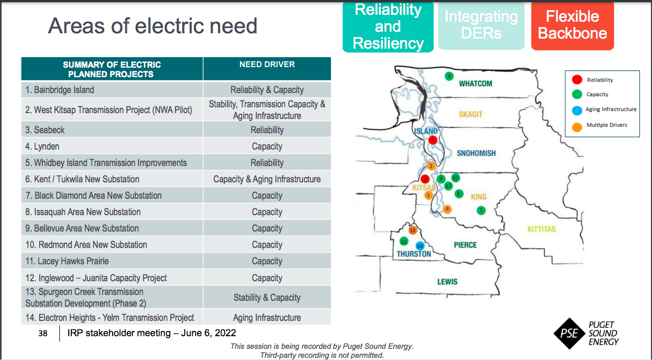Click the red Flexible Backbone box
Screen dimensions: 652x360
pyautogui.click(x=572, y=25)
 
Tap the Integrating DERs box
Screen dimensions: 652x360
pyautogui.click(x=481, y=25)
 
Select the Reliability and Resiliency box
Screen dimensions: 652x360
pyautogui.click(x=388, y=27)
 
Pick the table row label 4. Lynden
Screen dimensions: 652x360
pyautogui.click(x=42, y=146)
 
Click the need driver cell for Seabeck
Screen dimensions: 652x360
pyautogui.click(x=267, y=130)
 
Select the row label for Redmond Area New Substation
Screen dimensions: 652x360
pyautogui.click(x=86, y=245)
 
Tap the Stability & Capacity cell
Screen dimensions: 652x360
pyautogui.click(x=267, y=298)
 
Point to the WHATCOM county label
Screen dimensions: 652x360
pyautogui.click(x=475, y=84)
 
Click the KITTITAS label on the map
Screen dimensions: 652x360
pyautogui.click(x=541, y=229)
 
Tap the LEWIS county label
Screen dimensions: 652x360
pyautogui.click(x=447, y=282)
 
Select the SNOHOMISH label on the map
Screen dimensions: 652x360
pyautogui.click(x=476, y=153)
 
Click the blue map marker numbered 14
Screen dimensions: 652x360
pyautogui.click(x=420, y=246)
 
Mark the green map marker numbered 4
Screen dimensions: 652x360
pyautogui.click(x=449, y=76)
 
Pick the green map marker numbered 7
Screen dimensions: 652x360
pyautogui.click(x=481, y=210)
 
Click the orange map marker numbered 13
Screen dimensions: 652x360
pyautogui.click(x=412, y=230)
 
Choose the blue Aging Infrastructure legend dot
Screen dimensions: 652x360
pyautogui.click(x=577, y=110)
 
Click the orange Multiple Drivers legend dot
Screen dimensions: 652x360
pyautogui.click(x=577, y=127)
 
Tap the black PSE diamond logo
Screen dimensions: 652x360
pyautogui.click(x=570, y=334)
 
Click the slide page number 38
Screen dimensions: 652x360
pyautogui.click(x=43, y=334)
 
